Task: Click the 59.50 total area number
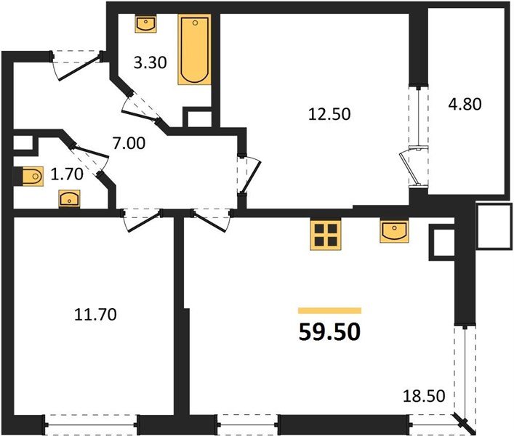[329, 332]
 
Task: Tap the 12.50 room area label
[329, 114]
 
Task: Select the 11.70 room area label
[95, 315]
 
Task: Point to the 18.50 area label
[424, 396]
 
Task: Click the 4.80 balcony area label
[465, 104]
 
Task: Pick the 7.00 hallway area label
[129, 143]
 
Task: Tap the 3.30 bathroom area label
[150, 62]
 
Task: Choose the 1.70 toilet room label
[67, 174]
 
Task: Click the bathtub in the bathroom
[194, 49]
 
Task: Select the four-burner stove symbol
[326, 235]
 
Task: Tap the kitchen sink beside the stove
[394, 231]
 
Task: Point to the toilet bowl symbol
[33, 177]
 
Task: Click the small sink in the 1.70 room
[69, 198]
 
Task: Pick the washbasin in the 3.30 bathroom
[145, 23]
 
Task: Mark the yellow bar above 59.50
[329, 310]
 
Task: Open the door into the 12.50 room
[250, 174]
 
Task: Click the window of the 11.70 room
[90, 425]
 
